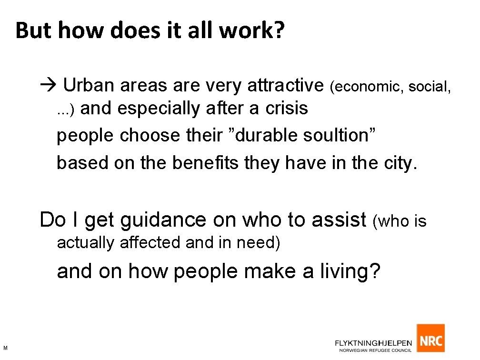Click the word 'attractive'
pos(285,86)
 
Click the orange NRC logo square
pos(430,339)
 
